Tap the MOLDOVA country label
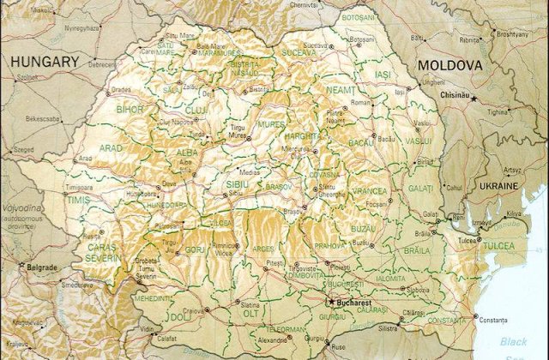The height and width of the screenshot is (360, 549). tap(449, 66)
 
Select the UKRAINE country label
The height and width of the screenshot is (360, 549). tap(498, 185)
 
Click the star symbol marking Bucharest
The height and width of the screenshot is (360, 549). tap(331, 302)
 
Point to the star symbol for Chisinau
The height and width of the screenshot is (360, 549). tap(473, 99)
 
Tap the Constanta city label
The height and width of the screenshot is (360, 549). tap(493, 320)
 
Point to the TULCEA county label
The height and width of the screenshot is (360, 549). tap(498, 246)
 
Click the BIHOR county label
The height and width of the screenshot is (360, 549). tap(130, 110)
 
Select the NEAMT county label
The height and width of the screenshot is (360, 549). tap(341, 89)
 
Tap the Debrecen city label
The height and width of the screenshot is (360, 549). tap(102, 64)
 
